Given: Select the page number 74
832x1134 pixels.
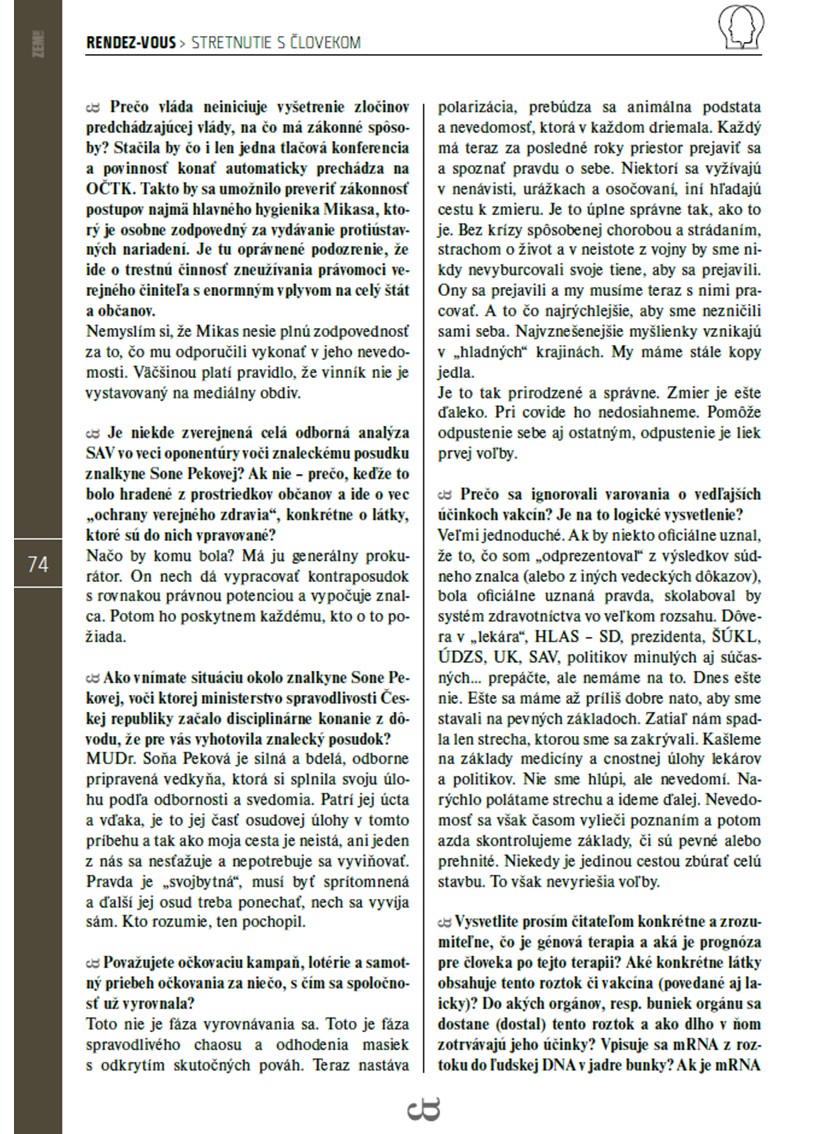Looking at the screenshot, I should click(38, 564).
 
